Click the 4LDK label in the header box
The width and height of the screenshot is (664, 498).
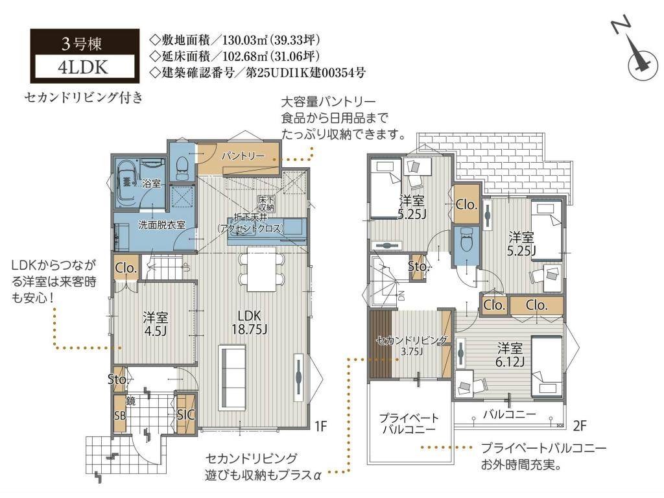point(83,67)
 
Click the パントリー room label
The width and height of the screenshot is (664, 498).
point(243,156)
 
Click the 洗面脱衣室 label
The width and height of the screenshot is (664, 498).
point(161,225)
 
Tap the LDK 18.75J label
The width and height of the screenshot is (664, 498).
point(250,322)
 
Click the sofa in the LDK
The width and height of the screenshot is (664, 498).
point(232,378)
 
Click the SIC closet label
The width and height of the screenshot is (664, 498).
point(185,414)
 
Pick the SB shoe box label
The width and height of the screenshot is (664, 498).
point(120,416)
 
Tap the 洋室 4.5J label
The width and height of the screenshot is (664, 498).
point(155,324)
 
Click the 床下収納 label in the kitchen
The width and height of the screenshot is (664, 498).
point(267,204)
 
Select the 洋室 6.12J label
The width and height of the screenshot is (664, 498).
point(510,355)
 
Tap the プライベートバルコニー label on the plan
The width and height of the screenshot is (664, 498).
point(409,423)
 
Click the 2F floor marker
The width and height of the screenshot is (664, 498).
point(580,425)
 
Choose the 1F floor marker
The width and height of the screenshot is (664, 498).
point(321,425)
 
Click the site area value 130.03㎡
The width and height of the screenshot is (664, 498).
point(244,40)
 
